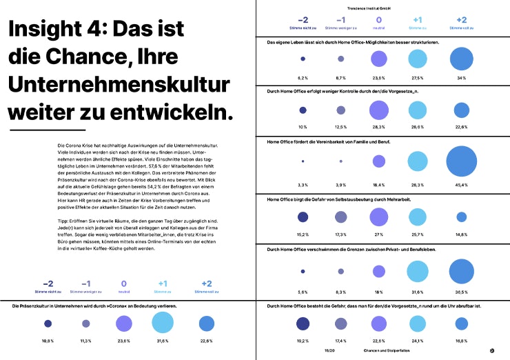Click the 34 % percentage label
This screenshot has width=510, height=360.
pos(462,78)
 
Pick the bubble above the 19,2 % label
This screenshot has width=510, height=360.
pos(302,324)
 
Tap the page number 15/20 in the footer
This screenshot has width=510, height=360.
pos(329,350)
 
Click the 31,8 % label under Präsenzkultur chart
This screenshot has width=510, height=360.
pos(162,341)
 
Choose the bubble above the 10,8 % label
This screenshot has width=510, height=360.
pos(48,323)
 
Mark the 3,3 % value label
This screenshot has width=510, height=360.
pos(302,186)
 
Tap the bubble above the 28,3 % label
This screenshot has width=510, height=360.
pos(378,110)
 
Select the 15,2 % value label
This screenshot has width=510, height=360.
pos(302,235)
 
